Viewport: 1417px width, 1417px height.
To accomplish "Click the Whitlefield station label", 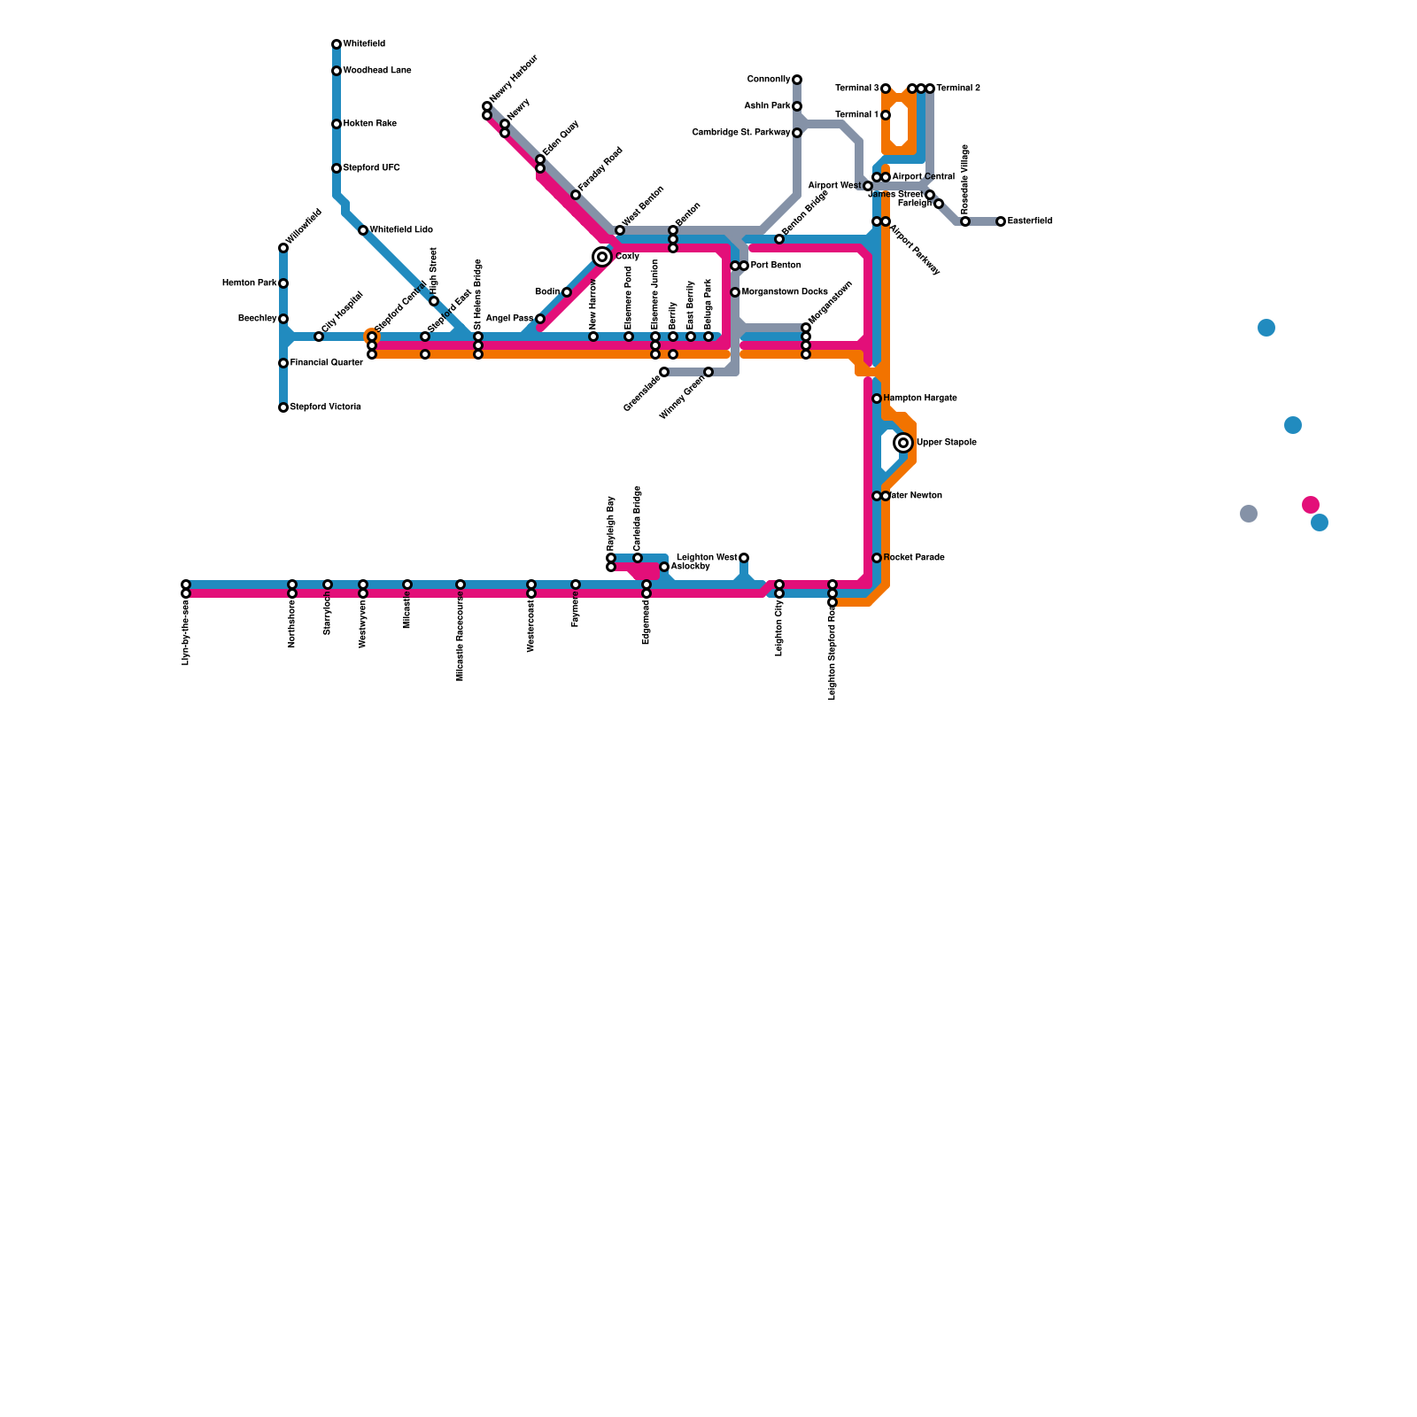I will (364, 44).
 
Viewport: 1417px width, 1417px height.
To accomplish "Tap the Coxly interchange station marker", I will (602, 257).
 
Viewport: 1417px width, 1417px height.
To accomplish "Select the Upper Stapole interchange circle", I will (903, 443).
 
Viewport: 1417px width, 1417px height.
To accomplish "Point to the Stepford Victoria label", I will (325, 407).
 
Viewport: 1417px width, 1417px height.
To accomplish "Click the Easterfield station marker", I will (1001, 221).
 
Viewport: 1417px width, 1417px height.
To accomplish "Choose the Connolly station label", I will (768, 80).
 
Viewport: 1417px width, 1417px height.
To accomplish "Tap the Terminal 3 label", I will (856, 89).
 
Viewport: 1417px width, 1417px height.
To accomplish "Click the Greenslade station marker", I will (664, 372).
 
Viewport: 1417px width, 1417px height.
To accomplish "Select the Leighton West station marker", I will (744, 558).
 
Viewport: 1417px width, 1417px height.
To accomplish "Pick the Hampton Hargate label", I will (920, 399).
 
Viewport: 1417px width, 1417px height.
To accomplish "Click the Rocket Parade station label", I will (914, 558).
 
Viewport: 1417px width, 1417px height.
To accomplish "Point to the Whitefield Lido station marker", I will (363, 230).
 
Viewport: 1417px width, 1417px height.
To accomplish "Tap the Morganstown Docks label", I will (785, 292).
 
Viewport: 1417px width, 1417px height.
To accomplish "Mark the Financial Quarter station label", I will (327, 363).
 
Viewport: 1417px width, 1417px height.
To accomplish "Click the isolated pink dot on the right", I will (1311, 505).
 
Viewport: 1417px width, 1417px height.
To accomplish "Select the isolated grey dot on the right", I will (1249, 514).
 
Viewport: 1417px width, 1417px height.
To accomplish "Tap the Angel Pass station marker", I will (540, 319).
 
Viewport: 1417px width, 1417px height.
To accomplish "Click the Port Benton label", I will (776, 266).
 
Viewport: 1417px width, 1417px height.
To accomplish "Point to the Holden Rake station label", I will (369, 124).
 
